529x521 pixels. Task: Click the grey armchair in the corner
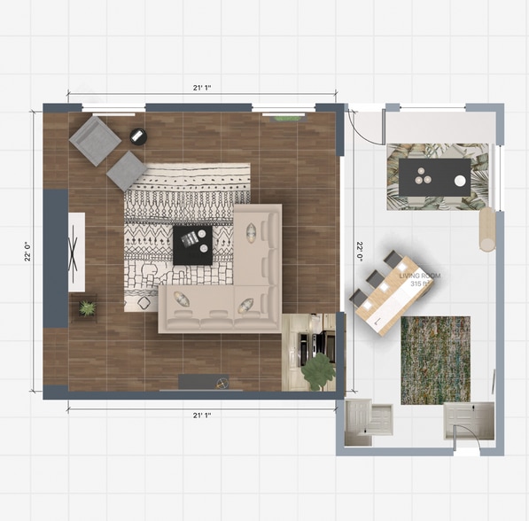tap(95, 140)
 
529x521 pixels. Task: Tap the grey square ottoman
tap(127, 170)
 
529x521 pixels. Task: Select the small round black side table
tap(138, 136)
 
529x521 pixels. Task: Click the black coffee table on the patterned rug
tap(193, 244)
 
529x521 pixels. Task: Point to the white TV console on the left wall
tap(76, 252)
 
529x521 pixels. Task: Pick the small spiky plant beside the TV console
tap(87, 308)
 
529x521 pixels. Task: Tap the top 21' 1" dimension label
tap(201, 88)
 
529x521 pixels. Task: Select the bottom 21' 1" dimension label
tap(201, 414)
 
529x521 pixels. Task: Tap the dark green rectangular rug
tap(435, 360)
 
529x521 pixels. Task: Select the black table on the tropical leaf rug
tap(434, 177)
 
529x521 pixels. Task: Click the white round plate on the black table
tap(460, 181)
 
